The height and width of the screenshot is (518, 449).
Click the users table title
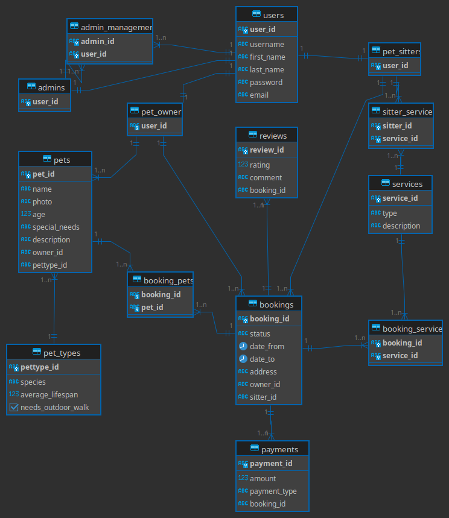(273, 15)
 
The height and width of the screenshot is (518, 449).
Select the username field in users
(267, 44)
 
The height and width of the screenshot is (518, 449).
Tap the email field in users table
(259, 95)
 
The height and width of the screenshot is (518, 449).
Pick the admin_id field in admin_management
(98, 41)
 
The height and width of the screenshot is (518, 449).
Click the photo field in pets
(42, 202)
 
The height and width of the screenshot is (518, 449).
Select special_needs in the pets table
(56, 227)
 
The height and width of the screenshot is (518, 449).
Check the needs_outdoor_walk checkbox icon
(14, 407)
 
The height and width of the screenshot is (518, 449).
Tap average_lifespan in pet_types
(49, 395)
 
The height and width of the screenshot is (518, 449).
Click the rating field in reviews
(260, 165)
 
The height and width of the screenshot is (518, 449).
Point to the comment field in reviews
(266, 178)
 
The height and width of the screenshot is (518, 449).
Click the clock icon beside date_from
(243, 346)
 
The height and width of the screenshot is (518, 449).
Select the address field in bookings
(263, 372)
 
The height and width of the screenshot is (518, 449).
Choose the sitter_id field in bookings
(263, 397)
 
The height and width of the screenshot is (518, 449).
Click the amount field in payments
(263, 479)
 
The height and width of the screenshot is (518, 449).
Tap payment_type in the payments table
(273, 491)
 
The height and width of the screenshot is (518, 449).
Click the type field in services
(389, 213)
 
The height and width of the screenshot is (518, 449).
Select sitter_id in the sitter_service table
(397, 126)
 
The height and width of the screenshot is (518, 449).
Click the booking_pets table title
(168, 280)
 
